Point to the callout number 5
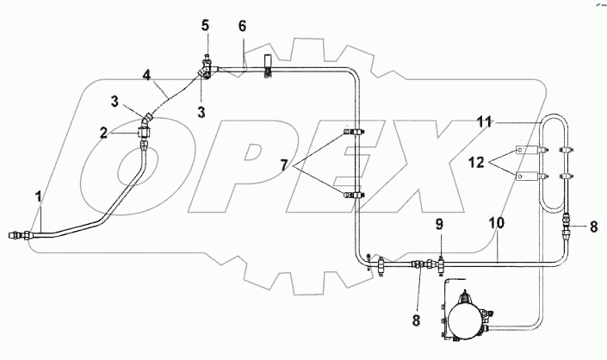(x=206, y=26)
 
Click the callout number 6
(x=243, y=28)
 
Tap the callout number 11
(x=486, y=123)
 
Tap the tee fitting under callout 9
(x=439, y=260)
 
